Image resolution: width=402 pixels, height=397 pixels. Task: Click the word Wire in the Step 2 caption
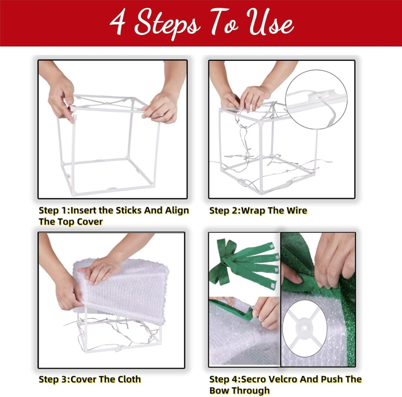click(297, 210)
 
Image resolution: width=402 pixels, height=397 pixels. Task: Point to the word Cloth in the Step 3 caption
click(128, 379)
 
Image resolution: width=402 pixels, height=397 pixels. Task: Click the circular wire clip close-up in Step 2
click(316, 99)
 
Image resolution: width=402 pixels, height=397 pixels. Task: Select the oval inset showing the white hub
click(305, 329)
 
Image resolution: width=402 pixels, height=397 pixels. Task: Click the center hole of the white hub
click(304, 328)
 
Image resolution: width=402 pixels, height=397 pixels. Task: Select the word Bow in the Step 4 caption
click(218, 390)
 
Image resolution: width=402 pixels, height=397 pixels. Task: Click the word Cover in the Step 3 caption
click(83, 379)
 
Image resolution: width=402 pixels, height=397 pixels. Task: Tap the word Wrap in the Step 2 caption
click(253, 211)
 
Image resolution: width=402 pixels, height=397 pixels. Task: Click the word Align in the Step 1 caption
click(177, 210)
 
